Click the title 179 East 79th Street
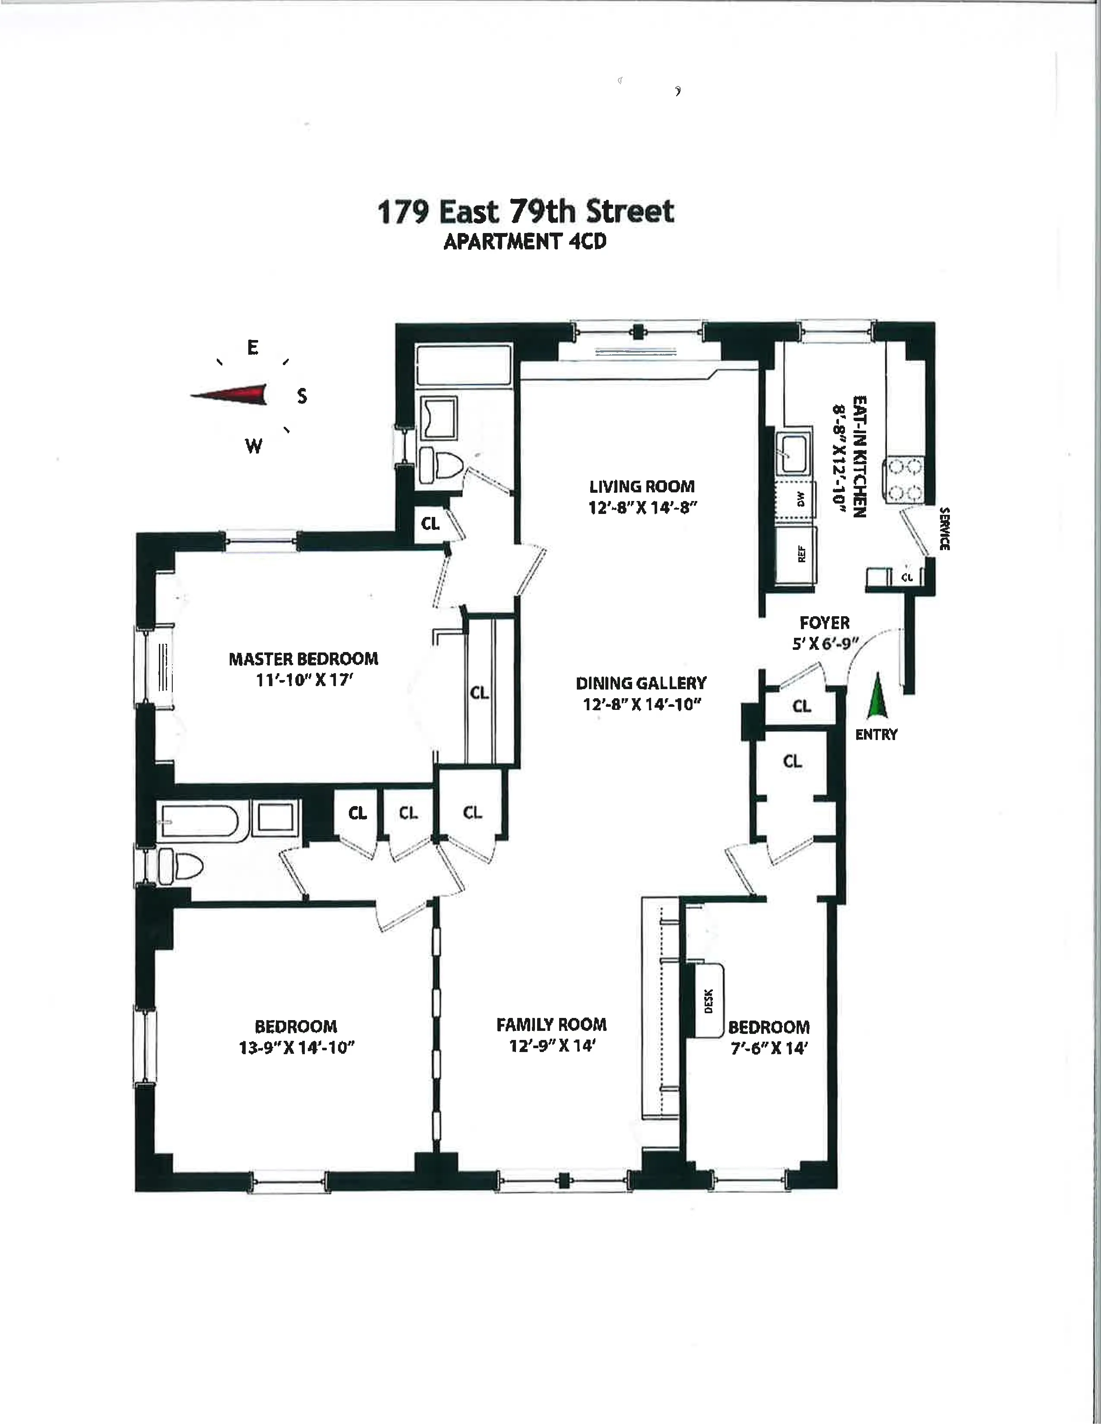pos(526,212)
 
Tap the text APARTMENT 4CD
pos(525,242)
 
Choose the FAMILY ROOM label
pos(551,1025)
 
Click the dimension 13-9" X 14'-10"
pos(297,1048)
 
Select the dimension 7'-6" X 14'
pos(769,1049)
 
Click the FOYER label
pos(824,623)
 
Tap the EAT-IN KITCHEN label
pos(860,457)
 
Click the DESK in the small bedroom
pos(709,1001)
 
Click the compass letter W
pos(254,447)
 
